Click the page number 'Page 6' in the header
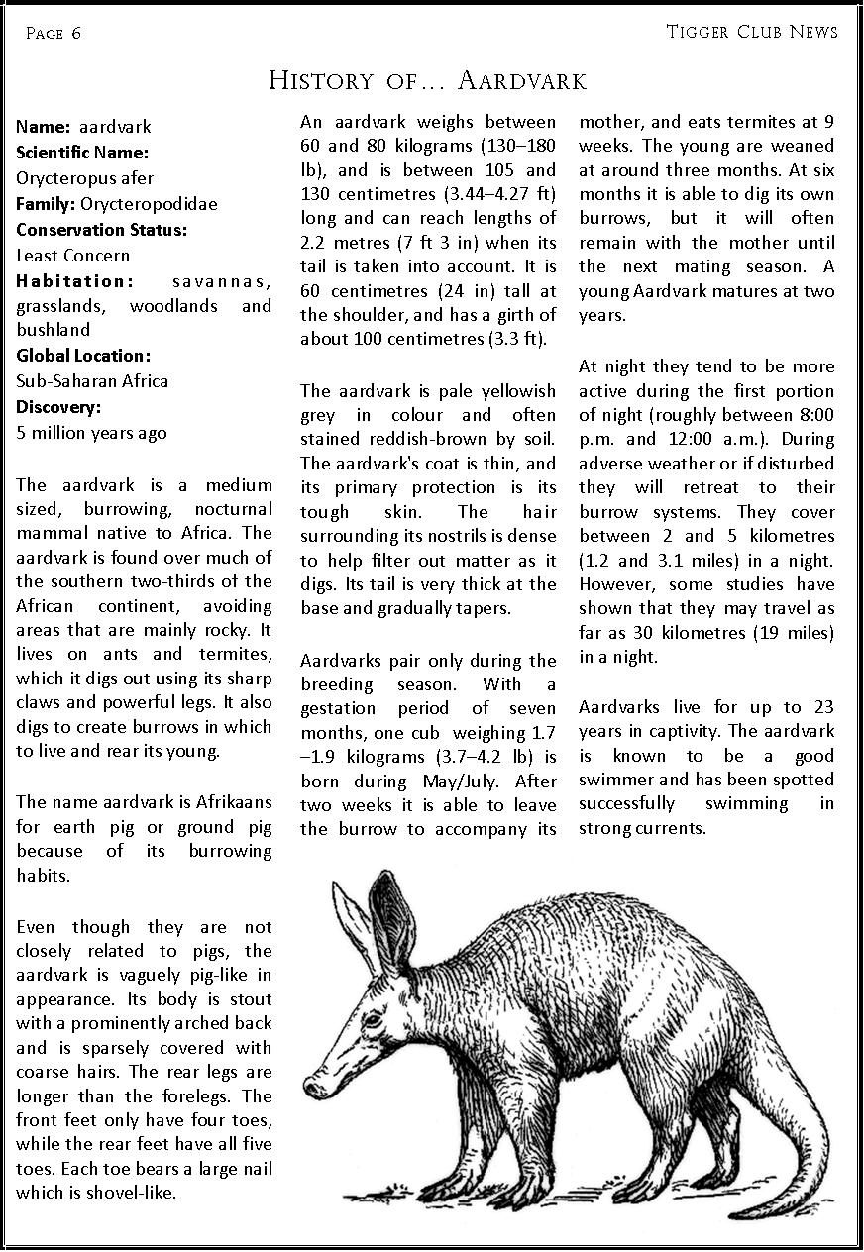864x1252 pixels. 54,33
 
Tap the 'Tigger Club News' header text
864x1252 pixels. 752,32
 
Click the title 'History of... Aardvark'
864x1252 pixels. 428,80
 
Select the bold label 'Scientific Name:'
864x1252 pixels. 82,153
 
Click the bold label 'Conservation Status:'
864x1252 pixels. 101,230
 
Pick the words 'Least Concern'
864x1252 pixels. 72,256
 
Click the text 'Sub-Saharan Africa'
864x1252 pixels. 92,381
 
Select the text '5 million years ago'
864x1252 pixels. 91,433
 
